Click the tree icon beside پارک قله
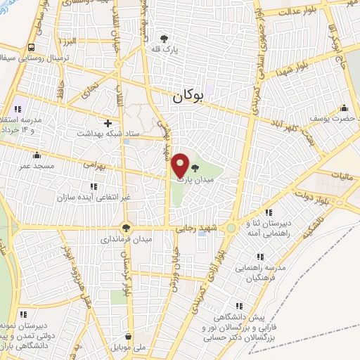click(164, 39)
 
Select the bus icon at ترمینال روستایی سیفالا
click(32, 47)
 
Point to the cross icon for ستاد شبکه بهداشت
click(108, 123)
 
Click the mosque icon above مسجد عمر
click(37, 155)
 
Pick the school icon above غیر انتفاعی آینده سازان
click(94, 186)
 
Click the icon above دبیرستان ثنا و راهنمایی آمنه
click(268, 212)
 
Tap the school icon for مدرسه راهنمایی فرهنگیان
click(260, 257)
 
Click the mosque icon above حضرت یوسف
click(344, 108)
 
